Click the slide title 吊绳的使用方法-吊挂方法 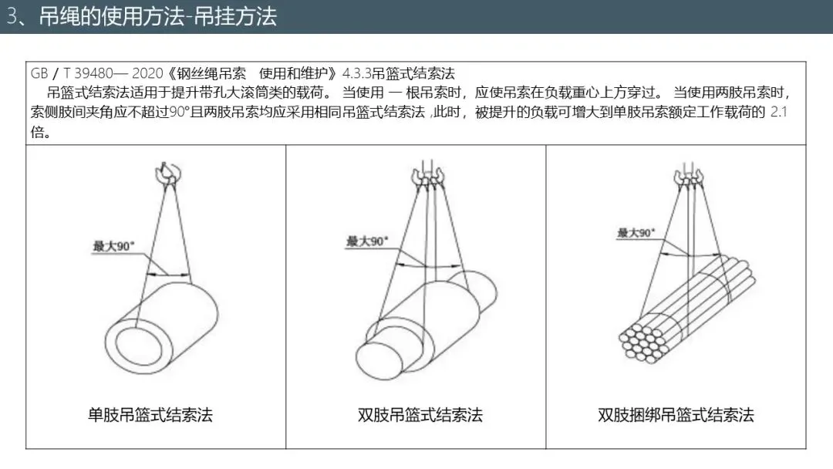158,16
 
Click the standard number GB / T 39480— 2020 96,73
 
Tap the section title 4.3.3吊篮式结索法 399,73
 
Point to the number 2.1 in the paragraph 778,112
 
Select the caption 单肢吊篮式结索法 150,415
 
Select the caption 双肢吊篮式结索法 420,415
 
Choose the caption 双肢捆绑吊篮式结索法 676,415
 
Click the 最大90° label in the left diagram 113,246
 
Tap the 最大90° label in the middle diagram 367,241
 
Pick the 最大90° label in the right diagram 636,233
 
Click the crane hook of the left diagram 168,173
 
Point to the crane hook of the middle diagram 427,177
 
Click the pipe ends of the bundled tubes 642,342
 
